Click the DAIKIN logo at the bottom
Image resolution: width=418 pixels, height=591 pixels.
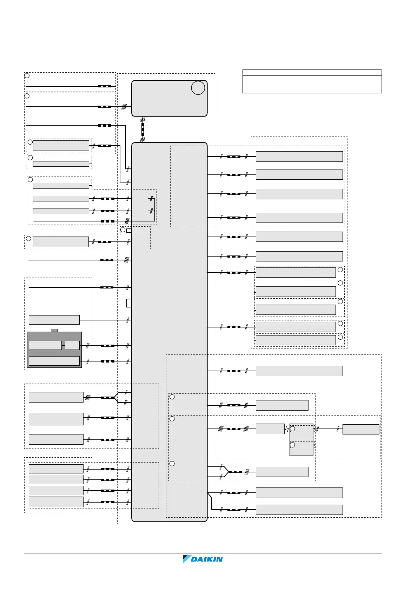coord(203,559)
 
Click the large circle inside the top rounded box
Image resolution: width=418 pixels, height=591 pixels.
coord(198,88)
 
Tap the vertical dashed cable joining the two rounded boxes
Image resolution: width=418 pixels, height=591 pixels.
coord(142,129)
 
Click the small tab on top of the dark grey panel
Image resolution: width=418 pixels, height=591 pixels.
coord(54,330)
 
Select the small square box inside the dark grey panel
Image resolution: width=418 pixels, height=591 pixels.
coord(72,345)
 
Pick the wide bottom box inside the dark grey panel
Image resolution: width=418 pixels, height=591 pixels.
coord(54,361)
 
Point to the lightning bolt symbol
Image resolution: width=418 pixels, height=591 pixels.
coord(287,429)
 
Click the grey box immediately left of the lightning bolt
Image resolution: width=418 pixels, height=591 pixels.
coord(270,429)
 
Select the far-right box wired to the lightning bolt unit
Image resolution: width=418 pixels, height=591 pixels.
coord(361,429)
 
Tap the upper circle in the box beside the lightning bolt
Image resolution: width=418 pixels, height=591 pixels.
coord(292,429)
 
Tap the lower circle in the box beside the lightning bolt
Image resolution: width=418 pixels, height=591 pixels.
coord(292,445)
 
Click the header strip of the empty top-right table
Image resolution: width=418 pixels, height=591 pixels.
coord(312,73)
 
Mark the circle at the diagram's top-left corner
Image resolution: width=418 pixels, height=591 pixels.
coord(27,76)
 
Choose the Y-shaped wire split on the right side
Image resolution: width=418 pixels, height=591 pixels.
coord(226,472)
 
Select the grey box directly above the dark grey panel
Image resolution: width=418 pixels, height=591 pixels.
coord(54,320)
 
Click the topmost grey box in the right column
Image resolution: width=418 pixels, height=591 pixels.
coord(299,157)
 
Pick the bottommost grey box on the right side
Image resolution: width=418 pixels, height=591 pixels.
coord(299,510)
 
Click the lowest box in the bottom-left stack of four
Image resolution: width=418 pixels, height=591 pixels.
coord(56,502)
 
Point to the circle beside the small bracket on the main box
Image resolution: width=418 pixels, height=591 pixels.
coord(123,230)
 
